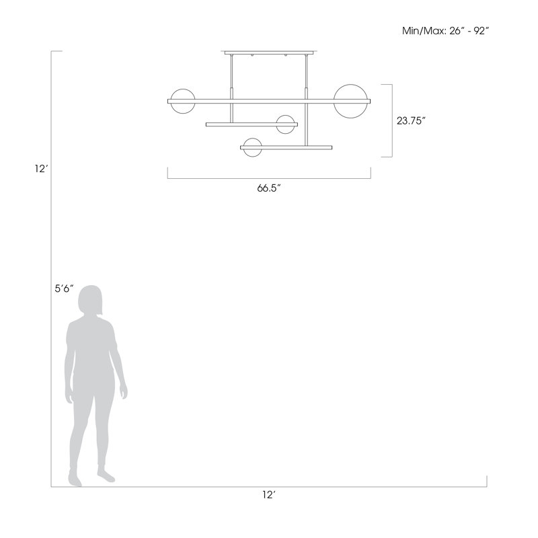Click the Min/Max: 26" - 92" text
pyautogui.click(x=445, y=31)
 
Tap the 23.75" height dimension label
pyautogui.click(x=411, y=121)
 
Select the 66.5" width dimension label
pyautogui.click(x=268, y=188)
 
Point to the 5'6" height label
pyautogui.click(x=64, y=289)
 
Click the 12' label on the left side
pyautogui.click(x=40, y=169)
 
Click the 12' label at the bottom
pyautogui.click(x=269, y=495)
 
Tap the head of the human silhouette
pyautogui.click(x=90, y=300)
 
